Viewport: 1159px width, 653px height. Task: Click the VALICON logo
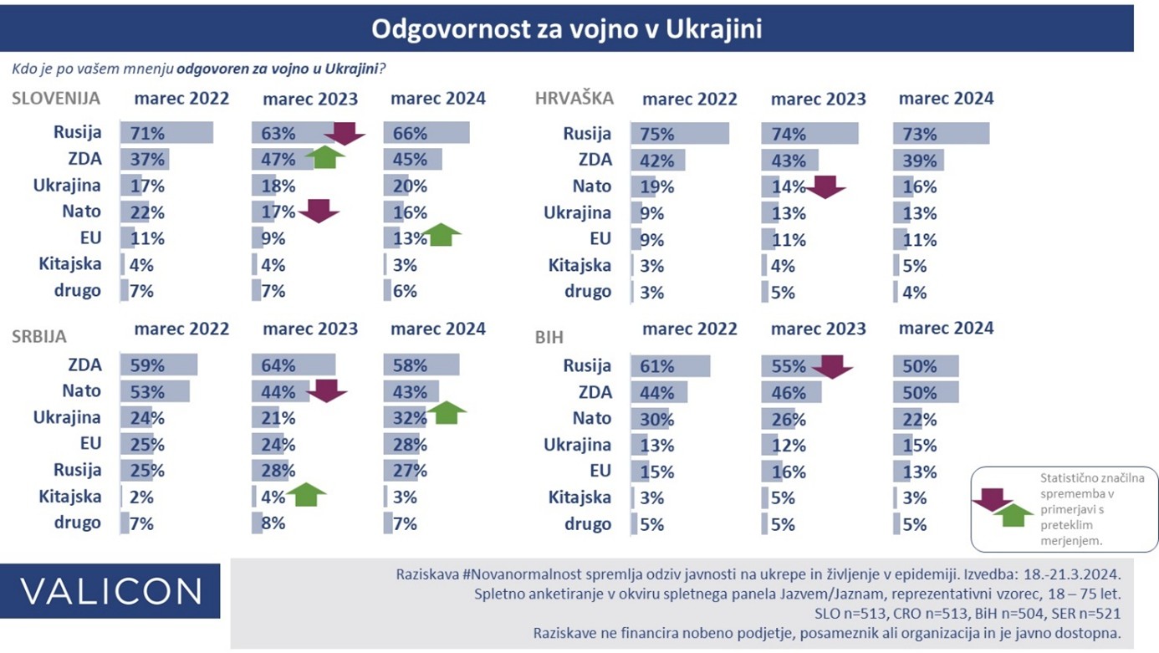point(110,591)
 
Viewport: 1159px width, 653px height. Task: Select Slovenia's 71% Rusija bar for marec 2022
point(166,133)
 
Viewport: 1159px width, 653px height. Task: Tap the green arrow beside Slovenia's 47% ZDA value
point(325,157)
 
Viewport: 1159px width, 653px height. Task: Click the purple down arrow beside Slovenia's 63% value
point(345,134)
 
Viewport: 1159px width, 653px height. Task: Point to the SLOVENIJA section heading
point(56,99)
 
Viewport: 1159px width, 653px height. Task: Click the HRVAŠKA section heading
point(574,98)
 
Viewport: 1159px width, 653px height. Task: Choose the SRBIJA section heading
point(39,337)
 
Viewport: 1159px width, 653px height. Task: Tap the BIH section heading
point(549,337)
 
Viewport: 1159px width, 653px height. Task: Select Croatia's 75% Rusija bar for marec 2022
point(680,134)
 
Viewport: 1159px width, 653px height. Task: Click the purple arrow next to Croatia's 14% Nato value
point(826,187)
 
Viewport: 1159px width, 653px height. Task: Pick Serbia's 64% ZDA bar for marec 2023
point(294,365)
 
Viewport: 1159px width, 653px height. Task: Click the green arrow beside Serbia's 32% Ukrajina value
point(447,412)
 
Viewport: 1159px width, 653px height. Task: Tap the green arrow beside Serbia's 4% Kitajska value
point(306,495)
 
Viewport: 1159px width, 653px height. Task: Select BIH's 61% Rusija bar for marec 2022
point(671,366)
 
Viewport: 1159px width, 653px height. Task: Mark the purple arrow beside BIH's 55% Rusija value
point(833,367)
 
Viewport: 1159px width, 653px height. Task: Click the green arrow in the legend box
point(1013,515)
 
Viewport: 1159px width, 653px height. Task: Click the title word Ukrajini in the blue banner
point(713,29)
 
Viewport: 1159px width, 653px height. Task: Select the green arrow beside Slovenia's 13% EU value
point(441,234)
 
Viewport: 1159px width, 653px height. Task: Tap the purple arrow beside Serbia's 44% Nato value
point(326,390)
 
